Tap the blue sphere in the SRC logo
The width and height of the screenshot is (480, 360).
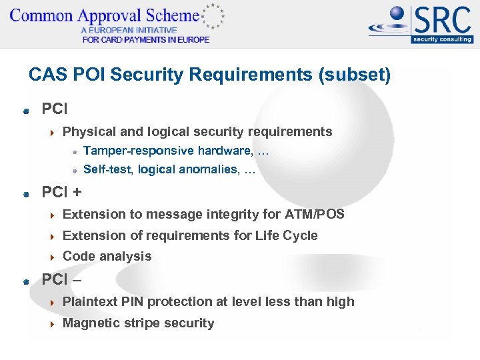click(x=398, y=14)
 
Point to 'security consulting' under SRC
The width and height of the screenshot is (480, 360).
click(x=442, y=39)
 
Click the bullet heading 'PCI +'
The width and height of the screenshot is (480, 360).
click(x=62, y=193)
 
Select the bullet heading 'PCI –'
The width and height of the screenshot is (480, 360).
click(x=62, y=279)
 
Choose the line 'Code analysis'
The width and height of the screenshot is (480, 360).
click(x=107, y=256)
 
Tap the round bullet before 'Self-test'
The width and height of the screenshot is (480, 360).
click(x=75, y=170)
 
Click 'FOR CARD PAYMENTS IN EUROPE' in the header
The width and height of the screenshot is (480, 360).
click(x=145, y=39)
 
